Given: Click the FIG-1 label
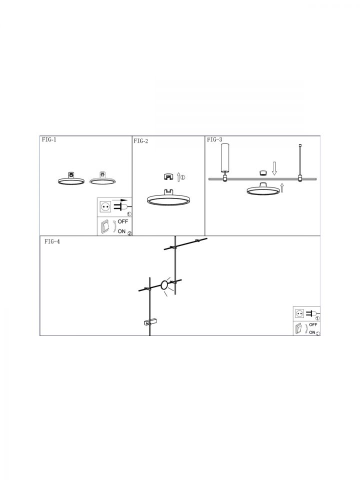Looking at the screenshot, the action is (49, 140).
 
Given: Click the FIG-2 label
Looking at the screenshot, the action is (141, 141).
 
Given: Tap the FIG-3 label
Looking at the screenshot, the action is (214, 140).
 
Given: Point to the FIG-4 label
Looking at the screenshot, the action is (52, 241).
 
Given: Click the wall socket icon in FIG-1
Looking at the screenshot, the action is (105, 207).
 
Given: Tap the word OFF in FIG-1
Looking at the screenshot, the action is (123, 221).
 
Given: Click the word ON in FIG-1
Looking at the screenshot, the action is (121, 231).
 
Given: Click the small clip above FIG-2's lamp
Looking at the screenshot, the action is (168, 176).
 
